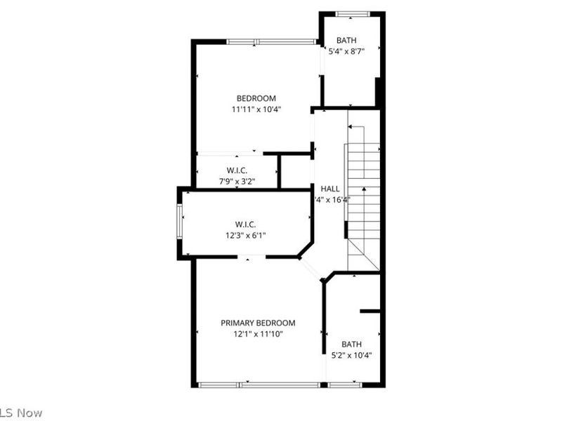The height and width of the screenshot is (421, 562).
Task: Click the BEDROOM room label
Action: pyautogui.click(x=256, y=98)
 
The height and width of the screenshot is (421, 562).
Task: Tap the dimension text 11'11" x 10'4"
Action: pyautogui.click(x=256, y=109)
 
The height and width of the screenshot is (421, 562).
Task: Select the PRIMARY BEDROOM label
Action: pyautogui.click(x=258, y=323)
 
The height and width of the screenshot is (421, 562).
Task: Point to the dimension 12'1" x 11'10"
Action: pyautogui.click(x=258, y=334)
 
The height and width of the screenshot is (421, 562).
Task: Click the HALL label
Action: pyautogui.click(x=330, y=189)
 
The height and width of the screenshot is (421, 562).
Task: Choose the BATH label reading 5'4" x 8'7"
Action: pyautogui.click(x=346, y=41)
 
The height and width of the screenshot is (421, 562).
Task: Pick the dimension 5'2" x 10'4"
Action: pyautogui.click(x=351, y=355)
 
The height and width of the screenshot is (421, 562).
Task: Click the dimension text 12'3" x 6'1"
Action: pyautogui.click(x=246, y=236)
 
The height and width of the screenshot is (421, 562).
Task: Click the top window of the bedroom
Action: pyautogui.click(x=271, y=42)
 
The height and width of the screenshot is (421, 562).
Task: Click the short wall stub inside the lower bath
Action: pyautogui.click(x=370, y=310)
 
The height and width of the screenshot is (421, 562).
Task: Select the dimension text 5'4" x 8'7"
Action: pyautogui.click(x=351, y=51)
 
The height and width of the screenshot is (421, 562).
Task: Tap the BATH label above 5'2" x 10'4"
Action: pyautogui.click(x=351, y=344)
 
